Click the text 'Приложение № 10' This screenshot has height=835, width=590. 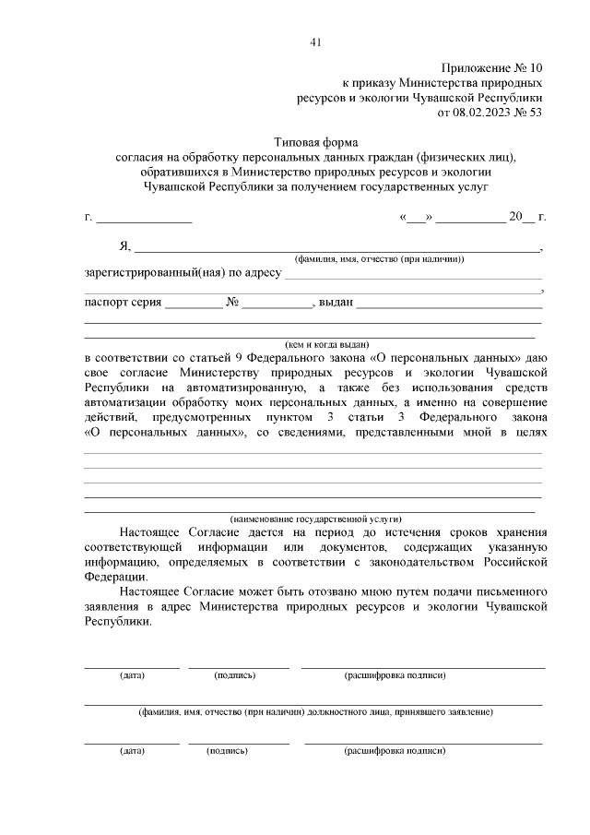493,68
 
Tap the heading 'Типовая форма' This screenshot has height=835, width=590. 314,142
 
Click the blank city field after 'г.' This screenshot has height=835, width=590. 144,218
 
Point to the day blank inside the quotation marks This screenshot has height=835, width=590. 417,218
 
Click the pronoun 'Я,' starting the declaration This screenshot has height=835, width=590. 125,246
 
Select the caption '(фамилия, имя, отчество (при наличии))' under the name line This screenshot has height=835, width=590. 378,260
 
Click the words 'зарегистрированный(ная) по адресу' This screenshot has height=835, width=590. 183,273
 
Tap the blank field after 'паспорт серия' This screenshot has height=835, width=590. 194,303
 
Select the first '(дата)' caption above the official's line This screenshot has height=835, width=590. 132,675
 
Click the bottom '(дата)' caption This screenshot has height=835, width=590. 132,751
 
